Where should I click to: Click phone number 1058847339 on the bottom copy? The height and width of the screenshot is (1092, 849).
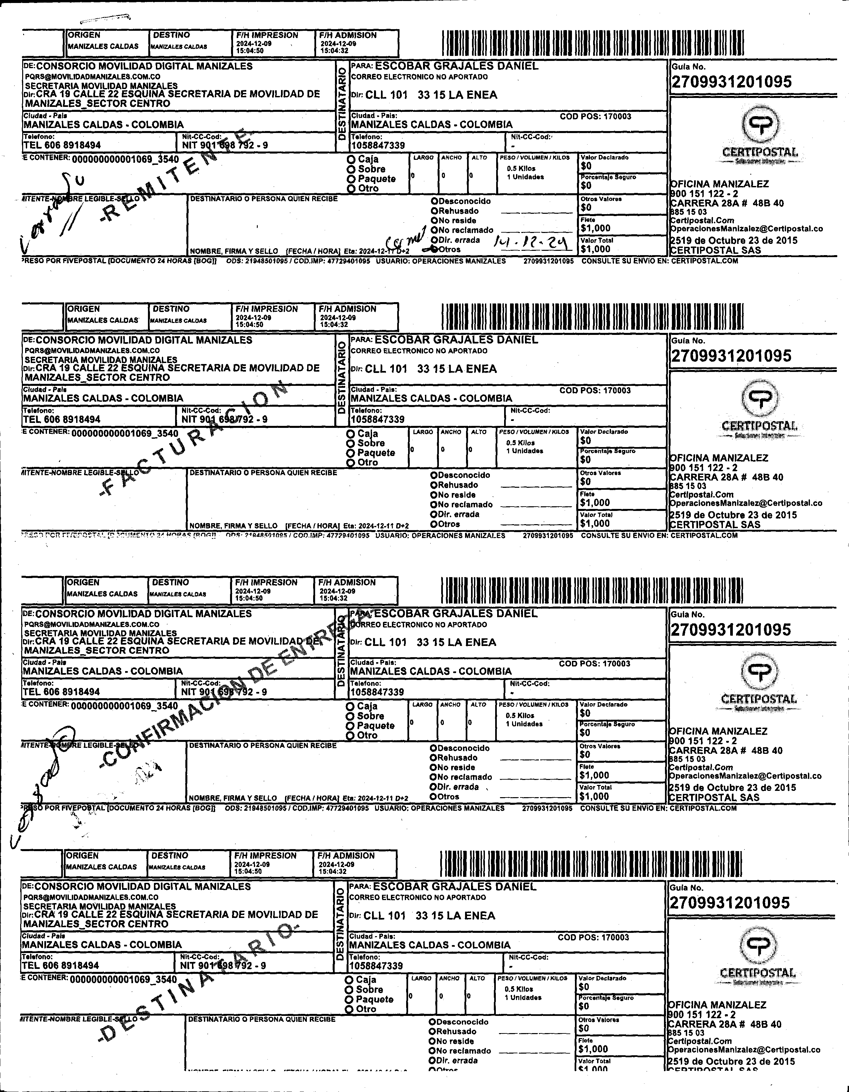[376, 966]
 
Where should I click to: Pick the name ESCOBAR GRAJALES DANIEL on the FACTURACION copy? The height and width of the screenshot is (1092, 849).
[456, 340]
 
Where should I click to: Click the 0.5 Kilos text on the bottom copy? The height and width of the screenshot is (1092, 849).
[519, 989]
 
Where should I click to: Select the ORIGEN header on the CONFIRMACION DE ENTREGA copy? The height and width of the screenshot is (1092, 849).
[83, 582]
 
